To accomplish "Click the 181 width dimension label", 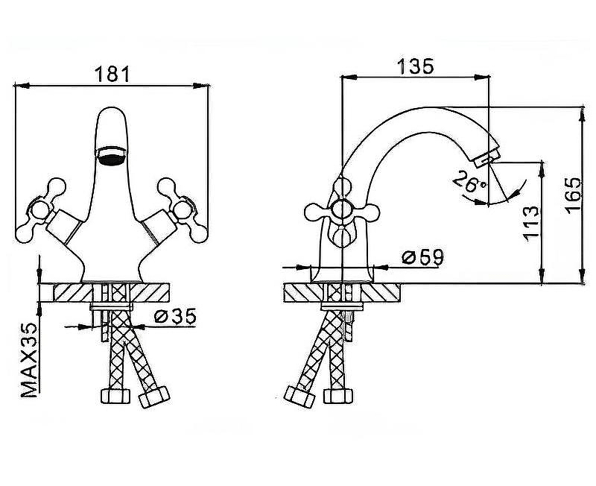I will [112, 74].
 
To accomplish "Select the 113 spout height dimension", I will [530, 221].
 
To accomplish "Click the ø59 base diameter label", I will [422, 257].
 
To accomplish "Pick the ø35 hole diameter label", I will [175, 316].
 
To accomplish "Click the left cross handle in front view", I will [41, 207].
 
